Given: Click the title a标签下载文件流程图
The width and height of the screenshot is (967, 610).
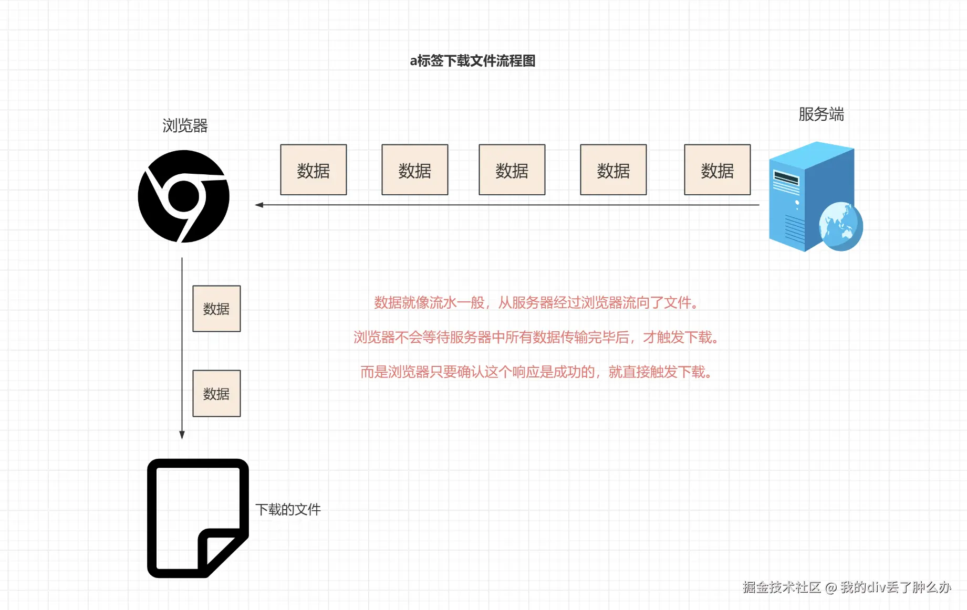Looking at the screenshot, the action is pyautogui.click(x=472, y=61).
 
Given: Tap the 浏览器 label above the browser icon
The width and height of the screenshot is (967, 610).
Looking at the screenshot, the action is pyautogui.click(x=185, y=126).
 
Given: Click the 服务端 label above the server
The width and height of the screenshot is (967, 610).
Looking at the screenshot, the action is pyautogui.click(x=821, y=114).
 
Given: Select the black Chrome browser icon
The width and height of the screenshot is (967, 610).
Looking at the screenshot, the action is pyautogui.click(x=183, y=196).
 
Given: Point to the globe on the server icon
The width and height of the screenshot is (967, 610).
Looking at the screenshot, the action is pyautogui.click(x=840, y=226).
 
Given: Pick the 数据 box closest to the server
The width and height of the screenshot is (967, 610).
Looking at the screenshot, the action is pyautogui.click(x=717, y=170).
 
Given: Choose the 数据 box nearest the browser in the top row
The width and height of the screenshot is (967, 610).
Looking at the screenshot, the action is pyautogui.click(x=314, y=170).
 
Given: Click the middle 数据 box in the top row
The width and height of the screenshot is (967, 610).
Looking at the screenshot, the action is pyautogui.click(x=512, y=170).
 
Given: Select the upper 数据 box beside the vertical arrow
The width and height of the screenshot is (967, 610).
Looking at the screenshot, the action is pyautogui.click(x=216, y=309).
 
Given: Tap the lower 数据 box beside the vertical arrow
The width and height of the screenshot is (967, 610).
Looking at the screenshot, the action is pyautogui.click(x=216, y=394).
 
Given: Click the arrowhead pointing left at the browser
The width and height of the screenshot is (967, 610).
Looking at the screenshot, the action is pyautogui.click(x=259, y=205).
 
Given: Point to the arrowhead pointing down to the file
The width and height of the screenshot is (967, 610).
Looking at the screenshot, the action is pyautogui.click(x=182, y=435).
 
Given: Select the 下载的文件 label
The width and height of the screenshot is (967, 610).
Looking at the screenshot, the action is pyautogui.click(x=288, y=510).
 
